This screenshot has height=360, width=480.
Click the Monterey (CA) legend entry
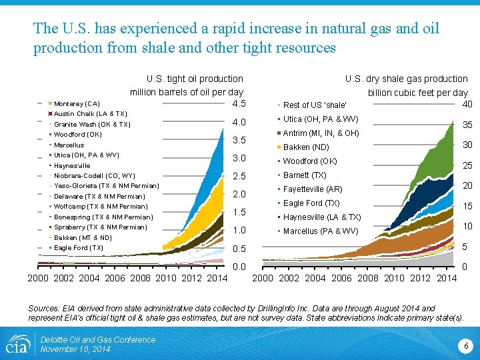[x=77, y=104]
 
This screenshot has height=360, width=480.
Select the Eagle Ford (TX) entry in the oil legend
[x=78, y=248]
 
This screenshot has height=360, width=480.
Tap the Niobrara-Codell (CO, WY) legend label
[x=94, y=176]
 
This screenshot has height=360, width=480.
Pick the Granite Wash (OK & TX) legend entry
[x=92, y=125]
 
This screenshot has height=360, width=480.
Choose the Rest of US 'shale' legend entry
[x=315, y=105]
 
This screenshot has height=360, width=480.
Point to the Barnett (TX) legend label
[x=305, y=175]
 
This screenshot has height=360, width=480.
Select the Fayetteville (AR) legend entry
[x=313, y=189]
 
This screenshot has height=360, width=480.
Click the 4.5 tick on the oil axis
[x=239, y=104]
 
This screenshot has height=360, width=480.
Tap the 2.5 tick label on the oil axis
[x=239, y=176]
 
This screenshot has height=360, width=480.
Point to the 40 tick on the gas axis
[x=467, y=104]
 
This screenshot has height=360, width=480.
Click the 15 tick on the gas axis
[x=467, y=207]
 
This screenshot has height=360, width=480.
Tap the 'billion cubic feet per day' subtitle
[x=417, y=93]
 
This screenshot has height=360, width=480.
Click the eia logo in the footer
[x=17, y=344]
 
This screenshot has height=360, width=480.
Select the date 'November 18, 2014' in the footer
[x=75, y=349]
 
